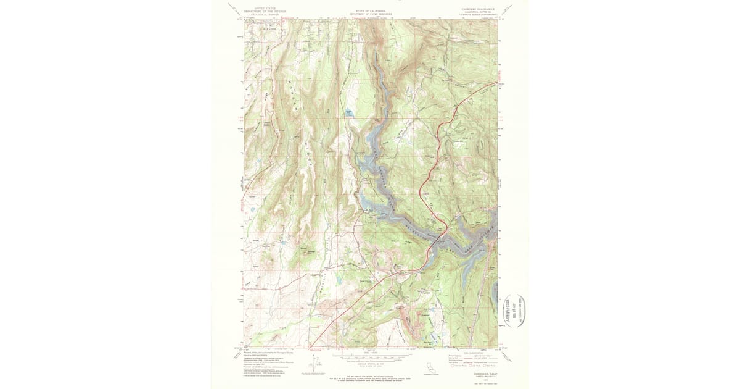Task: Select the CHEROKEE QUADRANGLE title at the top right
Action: (x=478, y=9)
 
